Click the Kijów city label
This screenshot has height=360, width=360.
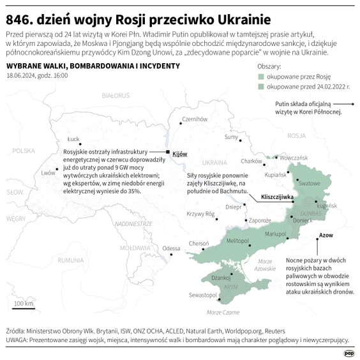180,154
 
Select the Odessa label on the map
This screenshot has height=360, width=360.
171,248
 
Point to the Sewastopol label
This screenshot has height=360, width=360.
202,295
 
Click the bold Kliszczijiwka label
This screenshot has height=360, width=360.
276,198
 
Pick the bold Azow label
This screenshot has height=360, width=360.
326,236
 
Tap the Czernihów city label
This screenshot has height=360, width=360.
195,119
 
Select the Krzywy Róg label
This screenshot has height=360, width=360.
200,214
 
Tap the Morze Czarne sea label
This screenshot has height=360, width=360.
223,312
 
